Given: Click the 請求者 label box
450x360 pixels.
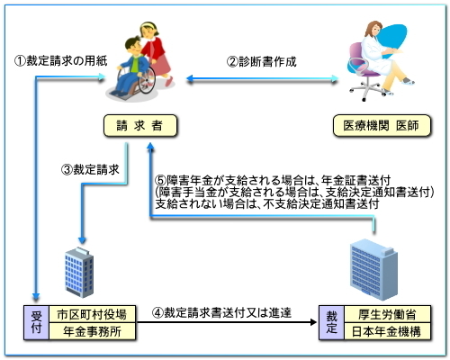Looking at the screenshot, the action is [140, 126].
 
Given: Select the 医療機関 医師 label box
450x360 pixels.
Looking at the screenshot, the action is [382, 126].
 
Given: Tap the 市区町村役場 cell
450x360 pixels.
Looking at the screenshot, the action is [92, 314].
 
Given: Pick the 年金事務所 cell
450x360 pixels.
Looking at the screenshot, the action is [92, 331].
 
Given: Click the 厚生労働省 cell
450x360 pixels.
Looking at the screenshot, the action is [387, 314].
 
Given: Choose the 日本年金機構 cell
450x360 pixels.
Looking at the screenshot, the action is [387, 331].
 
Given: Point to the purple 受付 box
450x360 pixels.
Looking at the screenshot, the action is [36, 323].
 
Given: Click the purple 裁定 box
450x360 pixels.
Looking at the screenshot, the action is [331, 323].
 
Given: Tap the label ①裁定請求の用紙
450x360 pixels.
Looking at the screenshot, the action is [61, 61].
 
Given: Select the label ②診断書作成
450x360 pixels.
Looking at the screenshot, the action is [262, 62].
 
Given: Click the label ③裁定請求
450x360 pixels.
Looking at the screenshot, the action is [90, 170].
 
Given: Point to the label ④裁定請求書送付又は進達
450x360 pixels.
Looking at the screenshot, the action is [221, 313].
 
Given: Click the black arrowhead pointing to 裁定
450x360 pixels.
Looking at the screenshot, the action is [313, 322].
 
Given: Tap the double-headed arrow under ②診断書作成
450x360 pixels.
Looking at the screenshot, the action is [263, 79].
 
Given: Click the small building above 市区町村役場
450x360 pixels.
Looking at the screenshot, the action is [79, 273].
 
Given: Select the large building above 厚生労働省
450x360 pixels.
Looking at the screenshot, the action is [373, 270].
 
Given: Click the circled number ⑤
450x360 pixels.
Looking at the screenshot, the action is [160, 181].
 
